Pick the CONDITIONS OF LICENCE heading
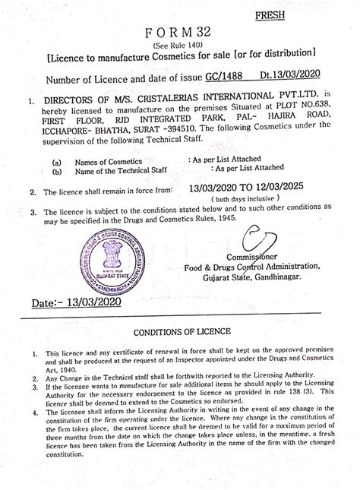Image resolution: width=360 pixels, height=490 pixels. point(179,333)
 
